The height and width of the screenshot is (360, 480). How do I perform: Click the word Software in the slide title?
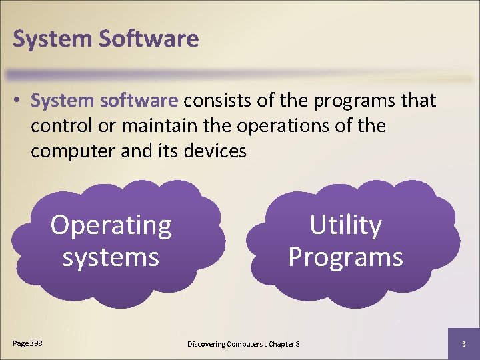click(x=149, y=39)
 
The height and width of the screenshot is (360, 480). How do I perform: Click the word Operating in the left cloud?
click(x=111, y=226)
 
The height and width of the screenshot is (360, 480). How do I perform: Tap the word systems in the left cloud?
click(x=111, y=257)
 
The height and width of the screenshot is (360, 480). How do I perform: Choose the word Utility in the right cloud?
click(x=345, y=226)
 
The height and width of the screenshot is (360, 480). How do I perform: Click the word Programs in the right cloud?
click(x=345, y=257)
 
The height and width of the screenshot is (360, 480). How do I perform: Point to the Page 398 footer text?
click(x=28, y=343)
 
